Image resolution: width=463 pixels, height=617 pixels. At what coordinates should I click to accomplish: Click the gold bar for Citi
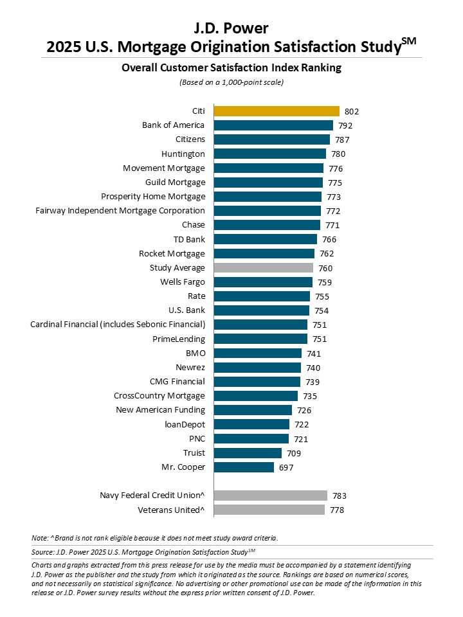(277, 111)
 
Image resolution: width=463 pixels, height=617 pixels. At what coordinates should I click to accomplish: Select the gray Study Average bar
(264, 268)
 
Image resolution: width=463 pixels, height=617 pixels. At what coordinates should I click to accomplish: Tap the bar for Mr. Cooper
(244, 467)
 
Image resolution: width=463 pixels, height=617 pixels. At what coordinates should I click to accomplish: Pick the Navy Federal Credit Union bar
(271, 496)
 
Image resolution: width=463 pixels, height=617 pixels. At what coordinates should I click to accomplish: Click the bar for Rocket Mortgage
(264, 254)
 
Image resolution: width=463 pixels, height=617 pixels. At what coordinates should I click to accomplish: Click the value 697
(286, 468)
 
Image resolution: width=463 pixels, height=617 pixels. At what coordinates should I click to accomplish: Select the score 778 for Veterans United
(337, 510)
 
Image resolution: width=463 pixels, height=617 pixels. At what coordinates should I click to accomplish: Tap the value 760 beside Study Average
(325, 268)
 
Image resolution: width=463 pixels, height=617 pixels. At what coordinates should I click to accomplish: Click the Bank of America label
(174, 125)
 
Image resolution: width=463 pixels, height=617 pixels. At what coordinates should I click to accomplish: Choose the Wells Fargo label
(183, 282)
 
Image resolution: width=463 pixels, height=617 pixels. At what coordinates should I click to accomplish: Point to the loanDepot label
(185, 425)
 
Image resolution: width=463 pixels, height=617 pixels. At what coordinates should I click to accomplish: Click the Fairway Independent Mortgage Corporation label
(120, 211)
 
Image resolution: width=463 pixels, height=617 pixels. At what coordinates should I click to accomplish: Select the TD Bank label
(190, 239)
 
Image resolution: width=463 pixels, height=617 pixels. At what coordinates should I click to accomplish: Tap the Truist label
(194, 453)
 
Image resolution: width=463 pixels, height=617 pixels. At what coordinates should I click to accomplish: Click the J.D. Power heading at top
(232, 28)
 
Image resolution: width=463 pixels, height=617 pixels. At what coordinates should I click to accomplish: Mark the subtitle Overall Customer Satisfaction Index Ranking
(232, 67)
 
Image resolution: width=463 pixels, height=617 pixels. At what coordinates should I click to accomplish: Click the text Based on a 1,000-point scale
(232, 82)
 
